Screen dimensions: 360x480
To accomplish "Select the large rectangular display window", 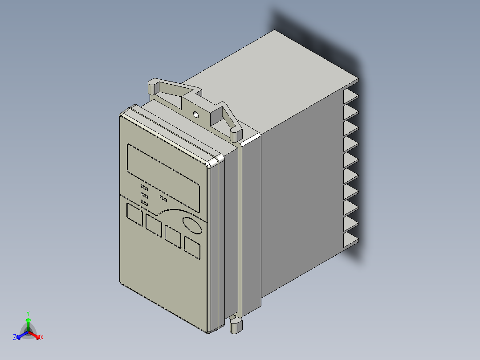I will pos(163,177).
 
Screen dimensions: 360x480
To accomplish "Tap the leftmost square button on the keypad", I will pos(134,213).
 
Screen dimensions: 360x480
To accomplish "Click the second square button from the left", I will pos(153,225).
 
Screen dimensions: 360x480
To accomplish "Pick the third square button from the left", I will pos(173,237).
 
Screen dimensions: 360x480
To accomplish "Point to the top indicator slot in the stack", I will pos(144,187).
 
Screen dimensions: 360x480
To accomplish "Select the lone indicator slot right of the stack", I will pos(163,197).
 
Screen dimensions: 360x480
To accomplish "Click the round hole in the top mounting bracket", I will pos(195,115).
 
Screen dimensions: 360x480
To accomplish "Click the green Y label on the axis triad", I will pos(28,313).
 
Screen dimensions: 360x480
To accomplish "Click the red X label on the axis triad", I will pos(42,338).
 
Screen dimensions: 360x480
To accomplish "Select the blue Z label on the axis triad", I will pos(15,338).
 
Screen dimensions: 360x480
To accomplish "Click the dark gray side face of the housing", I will pos(303,200).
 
